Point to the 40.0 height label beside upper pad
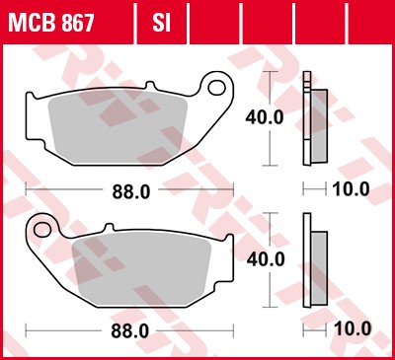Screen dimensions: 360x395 pos(265,116)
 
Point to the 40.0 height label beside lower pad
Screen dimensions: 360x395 pos(267,258)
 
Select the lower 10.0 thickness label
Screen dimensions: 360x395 pos(353,328)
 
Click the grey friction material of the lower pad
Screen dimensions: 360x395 pos(148,268)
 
